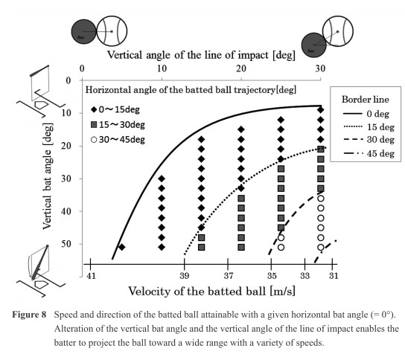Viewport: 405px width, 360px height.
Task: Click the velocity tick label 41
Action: [x=91, y=276]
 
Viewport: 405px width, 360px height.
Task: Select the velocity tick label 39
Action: [x=185, y=276]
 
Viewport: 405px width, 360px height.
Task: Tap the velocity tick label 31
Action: [x=334, y=276]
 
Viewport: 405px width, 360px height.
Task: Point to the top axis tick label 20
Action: [x=241, y=68]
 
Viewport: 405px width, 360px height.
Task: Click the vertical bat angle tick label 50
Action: [x=66, y=244]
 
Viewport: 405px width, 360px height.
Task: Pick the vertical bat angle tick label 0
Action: [x=68, y=80]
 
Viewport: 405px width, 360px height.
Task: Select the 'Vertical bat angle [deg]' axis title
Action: [x=48, y=176]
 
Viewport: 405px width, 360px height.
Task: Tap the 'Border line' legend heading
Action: [x=366, y=100]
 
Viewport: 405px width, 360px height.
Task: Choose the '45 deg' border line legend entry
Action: [x=369, y=153]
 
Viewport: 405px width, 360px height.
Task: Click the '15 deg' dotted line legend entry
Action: [x=369, y=127]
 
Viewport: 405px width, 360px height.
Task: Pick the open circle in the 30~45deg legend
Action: [x=94, y=140]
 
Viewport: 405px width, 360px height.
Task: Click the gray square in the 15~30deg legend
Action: [x=94, y=125]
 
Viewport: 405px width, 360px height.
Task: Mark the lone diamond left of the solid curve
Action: [x=122, y=247]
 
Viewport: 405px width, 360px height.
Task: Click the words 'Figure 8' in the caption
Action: [x=29, y=315]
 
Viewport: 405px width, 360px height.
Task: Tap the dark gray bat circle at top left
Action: [x=83, y=32]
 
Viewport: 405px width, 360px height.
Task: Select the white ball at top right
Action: [x=337, y=31]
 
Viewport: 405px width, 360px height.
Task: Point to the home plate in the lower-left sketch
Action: [x=42, y=284]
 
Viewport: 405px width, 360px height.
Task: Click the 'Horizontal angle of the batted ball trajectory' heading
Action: [x=191, y=90]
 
